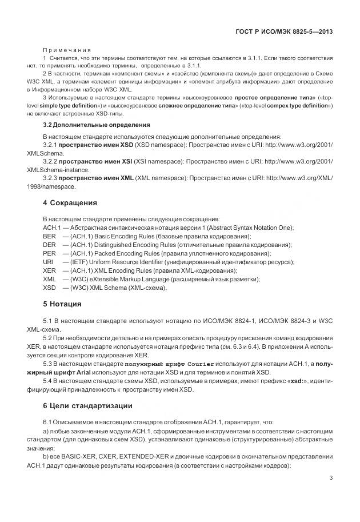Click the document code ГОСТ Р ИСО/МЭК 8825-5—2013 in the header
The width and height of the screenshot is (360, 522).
coord(285,33)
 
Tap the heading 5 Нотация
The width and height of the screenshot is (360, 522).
coord(62,304)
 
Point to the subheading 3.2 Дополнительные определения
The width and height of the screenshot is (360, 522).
coord(89,125)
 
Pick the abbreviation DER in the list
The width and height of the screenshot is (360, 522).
coord(49,245)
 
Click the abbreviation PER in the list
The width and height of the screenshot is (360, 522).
coord(49,253)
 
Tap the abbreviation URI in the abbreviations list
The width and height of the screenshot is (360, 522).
coord(49,262)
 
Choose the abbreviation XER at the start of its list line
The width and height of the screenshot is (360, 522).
coord(49,270)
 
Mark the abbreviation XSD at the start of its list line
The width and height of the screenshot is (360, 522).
coord(49,288)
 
